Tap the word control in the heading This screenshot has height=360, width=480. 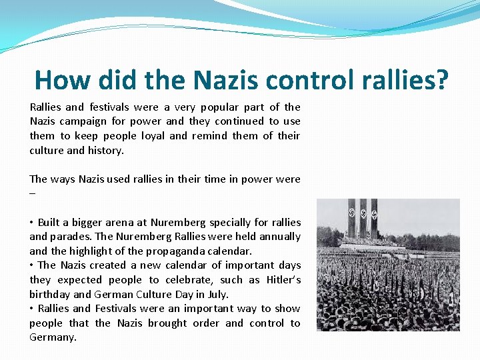point(304,80)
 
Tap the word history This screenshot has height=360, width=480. point(105,150)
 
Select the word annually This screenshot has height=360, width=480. point(278,237)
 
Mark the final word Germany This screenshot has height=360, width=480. point(53,337)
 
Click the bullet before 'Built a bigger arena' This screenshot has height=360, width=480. point(31,223)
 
